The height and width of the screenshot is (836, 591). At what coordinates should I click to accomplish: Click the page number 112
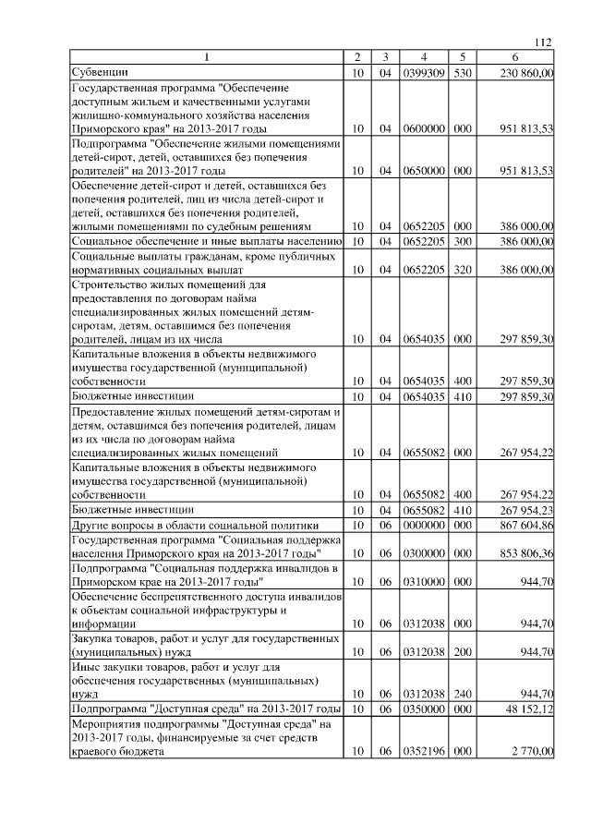pyautogui.click(x=543, y=41)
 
